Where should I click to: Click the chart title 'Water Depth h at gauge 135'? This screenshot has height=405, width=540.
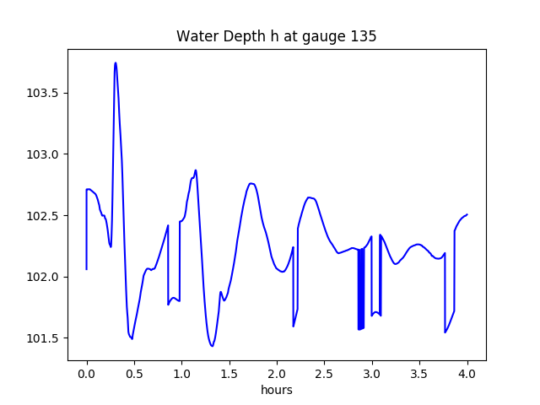pos(276,36)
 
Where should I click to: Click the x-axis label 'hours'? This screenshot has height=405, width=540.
pos(277,390)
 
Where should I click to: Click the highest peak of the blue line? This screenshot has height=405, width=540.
pos(116,62)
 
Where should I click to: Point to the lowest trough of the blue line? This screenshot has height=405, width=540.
pos(212,346)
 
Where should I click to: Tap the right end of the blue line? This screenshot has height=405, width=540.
pos(467,214)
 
